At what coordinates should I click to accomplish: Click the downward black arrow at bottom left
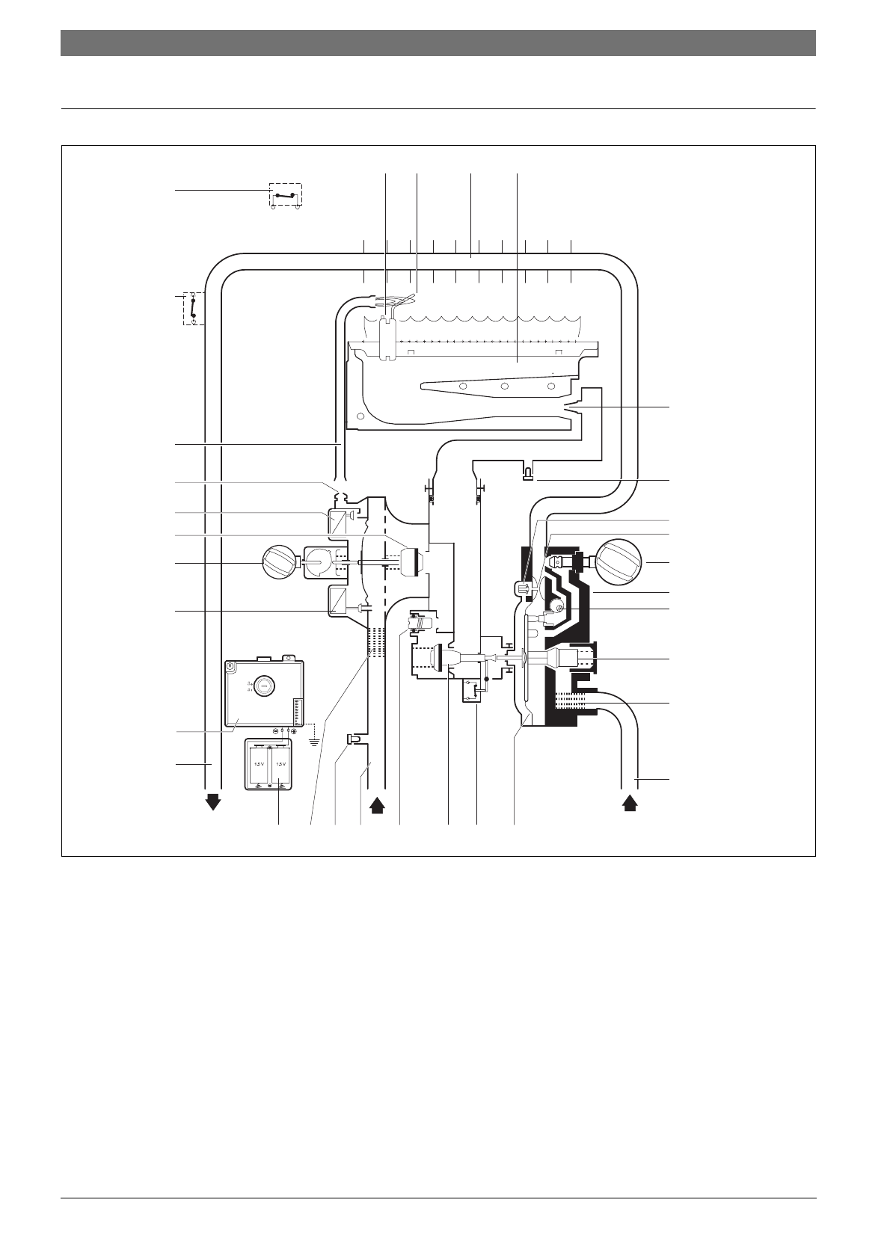coord(213,802)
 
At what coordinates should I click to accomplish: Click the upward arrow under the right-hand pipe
coord(630,802)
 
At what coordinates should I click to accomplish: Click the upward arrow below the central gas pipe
coord(377,804)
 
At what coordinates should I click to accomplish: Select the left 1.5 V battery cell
coord(260,764)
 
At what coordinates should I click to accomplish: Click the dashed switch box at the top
coord(286,196)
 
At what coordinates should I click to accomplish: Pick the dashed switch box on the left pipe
coord(194,309)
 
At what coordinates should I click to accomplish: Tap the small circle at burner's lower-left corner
coord(361,416)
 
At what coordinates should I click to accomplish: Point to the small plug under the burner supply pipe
coord(527,474)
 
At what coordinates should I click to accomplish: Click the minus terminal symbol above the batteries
coord(275,730)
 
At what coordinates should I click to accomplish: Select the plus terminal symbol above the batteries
coord(294,730)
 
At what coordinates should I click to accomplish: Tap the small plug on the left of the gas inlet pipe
coord(351,739)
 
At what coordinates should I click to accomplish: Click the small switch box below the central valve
coord(470,692)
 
